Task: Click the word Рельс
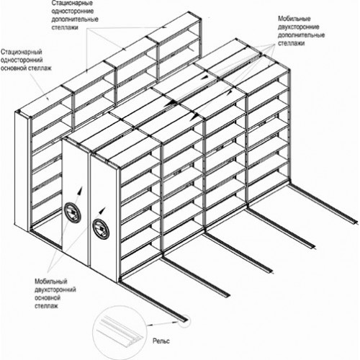pos(161,341)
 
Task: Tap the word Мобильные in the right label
pos(294,19)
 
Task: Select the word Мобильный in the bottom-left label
pos(51,282)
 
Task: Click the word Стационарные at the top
pos(72,4)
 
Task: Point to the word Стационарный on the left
pos(22,52)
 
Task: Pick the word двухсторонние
pos(299,27)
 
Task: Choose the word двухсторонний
pos(55,289)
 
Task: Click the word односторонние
pos(73,12)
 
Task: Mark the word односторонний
pos(22,60)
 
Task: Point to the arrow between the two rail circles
pos(163,324)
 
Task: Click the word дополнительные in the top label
pos(75,19)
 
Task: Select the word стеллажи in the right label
pos(292,43)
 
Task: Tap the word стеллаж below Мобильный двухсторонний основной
pos(46,306)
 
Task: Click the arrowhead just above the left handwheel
pos(80,189)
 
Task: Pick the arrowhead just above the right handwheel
pos(103,210)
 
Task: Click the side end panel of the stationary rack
pos(22,171)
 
